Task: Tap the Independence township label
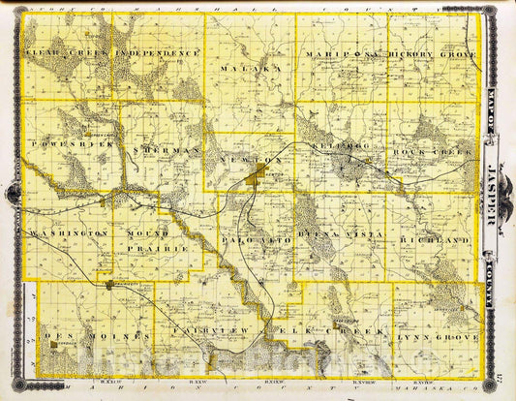point(157,52)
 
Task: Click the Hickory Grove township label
point(433,55)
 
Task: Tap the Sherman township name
point(171,152)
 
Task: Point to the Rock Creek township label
point(432,152)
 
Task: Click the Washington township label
point(68,234)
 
